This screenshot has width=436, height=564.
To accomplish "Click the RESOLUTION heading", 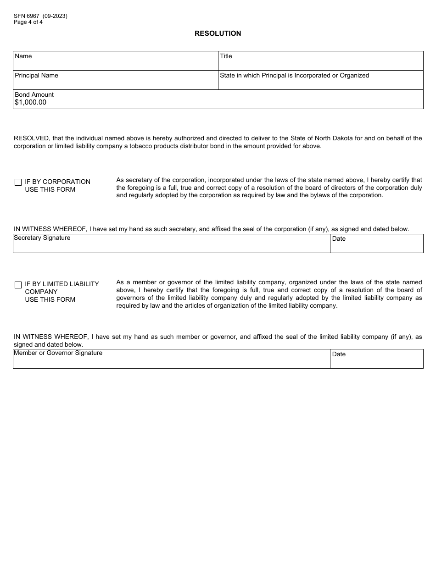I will click(218, 33).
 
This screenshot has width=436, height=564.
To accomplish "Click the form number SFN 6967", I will click(27, 16).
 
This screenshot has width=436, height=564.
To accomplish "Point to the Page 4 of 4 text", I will click(28, 22).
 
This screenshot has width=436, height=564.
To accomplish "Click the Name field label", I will click(23, 56).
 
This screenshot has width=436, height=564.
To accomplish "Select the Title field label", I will click(226, 56).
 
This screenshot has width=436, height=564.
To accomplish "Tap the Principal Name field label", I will click(36, 76).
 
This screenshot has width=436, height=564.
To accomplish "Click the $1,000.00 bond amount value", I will click(30, 103).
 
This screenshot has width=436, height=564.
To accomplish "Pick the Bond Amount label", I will click(34, 95).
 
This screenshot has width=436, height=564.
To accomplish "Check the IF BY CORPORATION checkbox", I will click(18, 182).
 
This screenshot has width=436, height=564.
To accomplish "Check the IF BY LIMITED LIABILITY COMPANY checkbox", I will click(18, 285).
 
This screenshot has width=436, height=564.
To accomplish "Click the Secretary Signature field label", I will click(42, 238).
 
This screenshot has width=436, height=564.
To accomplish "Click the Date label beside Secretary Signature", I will click(339, 239).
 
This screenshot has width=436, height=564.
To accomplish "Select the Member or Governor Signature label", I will click(58, 353).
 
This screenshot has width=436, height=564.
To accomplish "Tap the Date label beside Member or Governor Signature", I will click(339, 354).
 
